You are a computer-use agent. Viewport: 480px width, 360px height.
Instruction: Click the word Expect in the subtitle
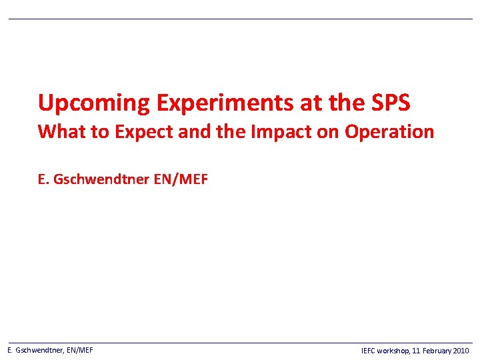[x=144, y=132]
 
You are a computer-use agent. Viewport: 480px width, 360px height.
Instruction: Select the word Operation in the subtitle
[x=389, y=132]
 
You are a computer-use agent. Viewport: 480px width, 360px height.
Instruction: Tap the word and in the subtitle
[x=194, y=132]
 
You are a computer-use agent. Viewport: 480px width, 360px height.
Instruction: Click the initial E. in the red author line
[x=43, y=179]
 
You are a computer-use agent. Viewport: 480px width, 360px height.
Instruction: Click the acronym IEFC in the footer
[x=368, y=351]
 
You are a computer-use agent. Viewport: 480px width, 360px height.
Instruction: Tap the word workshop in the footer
[x=394, y=351]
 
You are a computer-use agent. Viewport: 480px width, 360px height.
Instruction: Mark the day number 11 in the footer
[x=417, y=351]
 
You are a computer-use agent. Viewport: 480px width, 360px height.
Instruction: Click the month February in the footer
[x=437, y=351]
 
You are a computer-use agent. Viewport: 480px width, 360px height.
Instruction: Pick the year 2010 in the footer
[x=461, y=351]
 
